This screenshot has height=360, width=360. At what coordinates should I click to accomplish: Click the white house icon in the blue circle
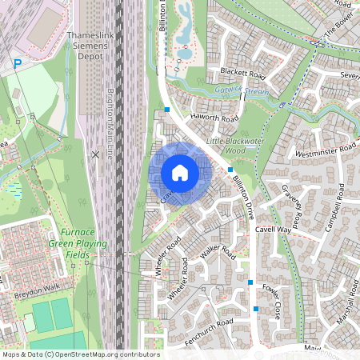(180, 173)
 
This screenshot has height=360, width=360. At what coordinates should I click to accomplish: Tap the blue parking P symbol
(17, 63)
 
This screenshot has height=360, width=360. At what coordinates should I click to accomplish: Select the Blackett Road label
(242, 72)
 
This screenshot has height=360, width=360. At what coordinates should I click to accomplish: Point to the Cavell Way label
(274, 229)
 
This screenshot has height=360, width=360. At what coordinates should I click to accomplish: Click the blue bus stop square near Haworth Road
(167, 109)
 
